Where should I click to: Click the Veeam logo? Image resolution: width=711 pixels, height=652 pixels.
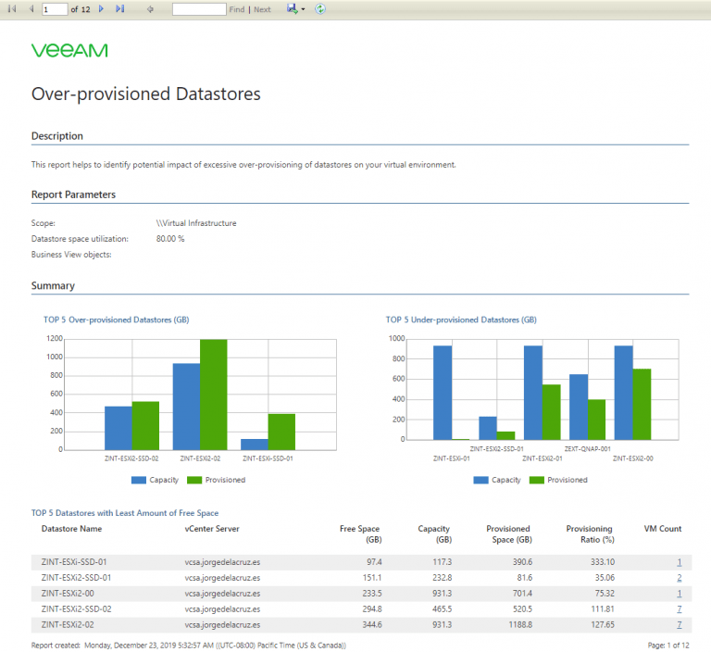(69, 50)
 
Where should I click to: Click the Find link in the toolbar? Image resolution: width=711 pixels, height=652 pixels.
(237, 9)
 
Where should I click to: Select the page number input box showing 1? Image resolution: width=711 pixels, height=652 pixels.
(54, 9)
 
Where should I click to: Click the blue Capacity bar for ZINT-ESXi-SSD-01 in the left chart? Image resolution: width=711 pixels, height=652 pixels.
(255, 445)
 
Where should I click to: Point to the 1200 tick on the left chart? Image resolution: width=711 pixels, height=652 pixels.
(53, 339)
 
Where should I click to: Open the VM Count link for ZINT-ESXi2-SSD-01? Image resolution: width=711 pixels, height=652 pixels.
(679, 578)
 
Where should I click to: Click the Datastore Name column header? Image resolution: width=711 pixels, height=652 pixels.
(71, 529)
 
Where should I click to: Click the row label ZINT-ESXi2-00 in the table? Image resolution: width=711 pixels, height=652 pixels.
(69, 594)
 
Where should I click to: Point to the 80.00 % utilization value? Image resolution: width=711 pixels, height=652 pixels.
(170, 239)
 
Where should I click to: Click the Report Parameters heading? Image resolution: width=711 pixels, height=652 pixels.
(73, 194)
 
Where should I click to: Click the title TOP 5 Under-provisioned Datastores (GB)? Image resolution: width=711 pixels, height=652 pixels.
(461, 320)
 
